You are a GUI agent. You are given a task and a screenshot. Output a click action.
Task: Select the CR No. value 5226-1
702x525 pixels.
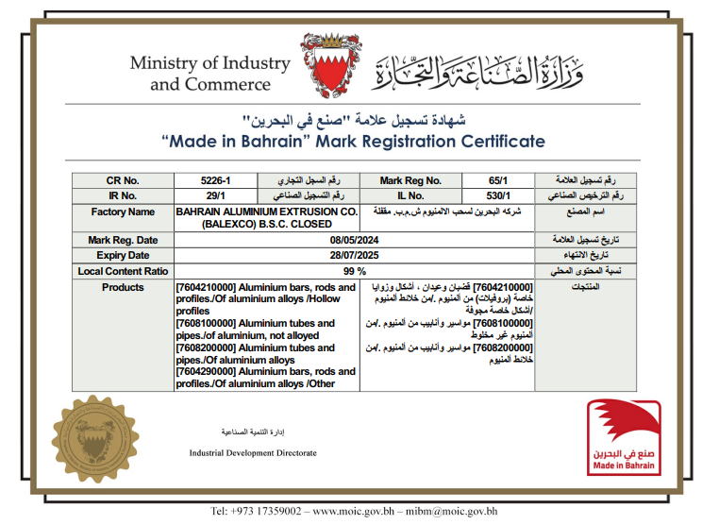[x=215, y=180]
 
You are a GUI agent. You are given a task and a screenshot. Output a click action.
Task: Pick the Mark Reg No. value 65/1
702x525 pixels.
[x=493, y=180]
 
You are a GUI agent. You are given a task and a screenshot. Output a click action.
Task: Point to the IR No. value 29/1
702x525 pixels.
[x=215, y=195]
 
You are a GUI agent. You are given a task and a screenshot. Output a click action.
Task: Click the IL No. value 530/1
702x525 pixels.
[x=493, y=195]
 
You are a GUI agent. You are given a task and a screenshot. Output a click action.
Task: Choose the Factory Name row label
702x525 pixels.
[x=123, y=212]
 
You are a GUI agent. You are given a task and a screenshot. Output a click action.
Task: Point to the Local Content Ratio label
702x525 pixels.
[x=123, y=271]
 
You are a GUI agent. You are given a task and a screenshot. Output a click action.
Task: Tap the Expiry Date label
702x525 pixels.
[x=123, y=256]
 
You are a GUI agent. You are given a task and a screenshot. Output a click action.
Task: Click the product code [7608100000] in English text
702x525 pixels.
[x=207, y=323]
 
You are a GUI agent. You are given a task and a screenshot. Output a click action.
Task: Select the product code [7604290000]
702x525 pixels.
[x=207, y=372]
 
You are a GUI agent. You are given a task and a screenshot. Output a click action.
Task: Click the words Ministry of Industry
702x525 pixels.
[x=209, y=64]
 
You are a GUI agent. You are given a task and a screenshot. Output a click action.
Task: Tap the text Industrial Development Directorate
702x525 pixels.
[x=253, y=453]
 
